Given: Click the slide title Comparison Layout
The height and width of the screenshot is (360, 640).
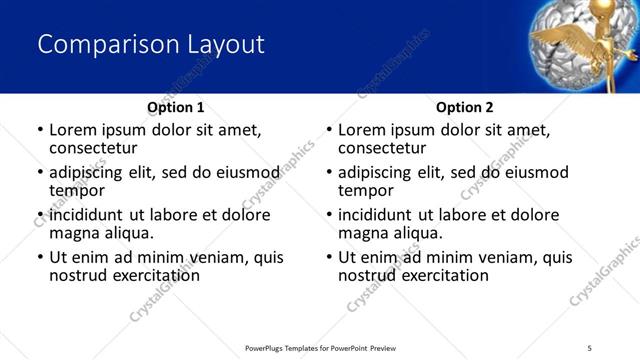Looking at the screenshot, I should click(151, 45).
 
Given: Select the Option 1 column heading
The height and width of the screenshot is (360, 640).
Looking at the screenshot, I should click(175, 107).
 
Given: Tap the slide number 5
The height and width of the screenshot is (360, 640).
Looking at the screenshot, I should click(589, 347).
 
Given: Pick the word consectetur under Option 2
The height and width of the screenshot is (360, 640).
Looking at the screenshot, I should click(381, 148).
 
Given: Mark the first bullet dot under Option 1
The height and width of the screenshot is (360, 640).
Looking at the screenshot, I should click(40, 130).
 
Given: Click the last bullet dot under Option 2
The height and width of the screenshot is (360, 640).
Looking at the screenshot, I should click(329, 257).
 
